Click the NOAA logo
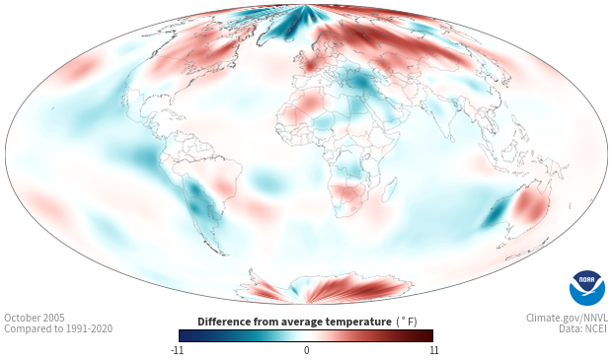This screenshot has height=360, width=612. [x=587, y=288]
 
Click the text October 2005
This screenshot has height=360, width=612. [x=35, y=318]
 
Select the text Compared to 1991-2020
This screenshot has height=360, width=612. [x=58, y=329]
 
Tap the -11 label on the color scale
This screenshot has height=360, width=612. [x=177, y=350]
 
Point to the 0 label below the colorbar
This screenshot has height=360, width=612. [x=306, y=350]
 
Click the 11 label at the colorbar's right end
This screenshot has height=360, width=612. [x=433, y=350]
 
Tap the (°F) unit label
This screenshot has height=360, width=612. [x=407, y=323]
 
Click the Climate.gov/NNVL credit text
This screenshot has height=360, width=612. [x=567, y=318]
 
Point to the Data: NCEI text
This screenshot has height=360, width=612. [x=583, y=329]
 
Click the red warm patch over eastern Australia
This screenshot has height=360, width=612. [x=529, y=204]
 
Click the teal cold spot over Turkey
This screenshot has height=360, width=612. [x=361, y=82]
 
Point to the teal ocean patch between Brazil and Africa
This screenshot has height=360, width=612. [x=268, y=181]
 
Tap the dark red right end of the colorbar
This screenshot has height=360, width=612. [x=427, y=335]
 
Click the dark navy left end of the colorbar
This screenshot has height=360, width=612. [x=185, y=335]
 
